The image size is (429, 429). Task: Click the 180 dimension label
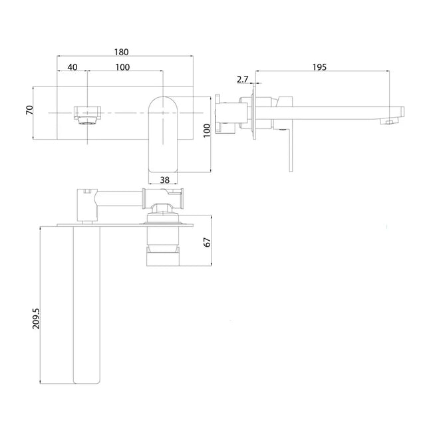(x=122, y=52)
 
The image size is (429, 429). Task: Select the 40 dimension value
(x=72, y=67)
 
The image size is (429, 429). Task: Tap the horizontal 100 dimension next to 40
(x=122, y=67)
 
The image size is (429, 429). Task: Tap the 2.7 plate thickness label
(x=243, y=79)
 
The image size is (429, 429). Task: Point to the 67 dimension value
(x=207, y=241)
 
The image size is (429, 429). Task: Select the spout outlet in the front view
(x=87, y=114)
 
